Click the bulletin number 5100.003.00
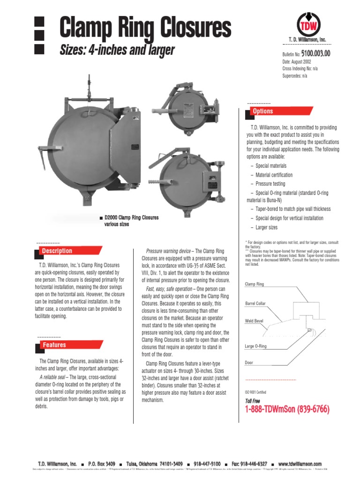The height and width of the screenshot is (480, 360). point(315,53)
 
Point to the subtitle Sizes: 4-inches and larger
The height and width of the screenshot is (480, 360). point(117,50)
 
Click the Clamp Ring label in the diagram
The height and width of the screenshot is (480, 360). point(255,284)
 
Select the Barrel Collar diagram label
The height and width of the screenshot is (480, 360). point(255,304)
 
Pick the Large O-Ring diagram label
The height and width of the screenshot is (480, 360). point(255,346)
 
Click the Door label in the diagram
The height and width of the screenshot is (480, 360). point(249,363)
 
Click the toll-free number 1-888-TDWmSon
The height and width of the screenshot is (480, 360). point(287,410)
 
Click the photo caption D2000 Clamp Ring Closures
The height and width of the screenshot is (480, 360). point(131,217)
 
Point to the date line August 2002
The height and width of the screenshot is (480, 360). point(299,61)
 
